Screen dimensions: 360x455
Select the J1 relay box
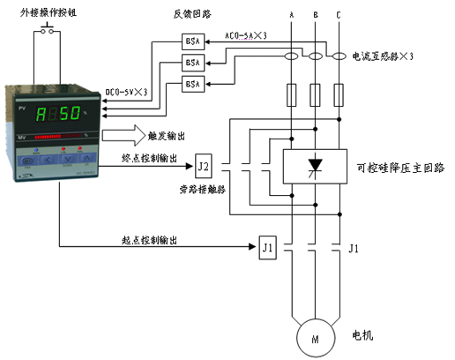[269, 247]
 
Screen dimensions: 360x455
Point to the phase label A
[291, 15]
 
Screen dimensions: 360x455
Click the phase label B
[316, 15]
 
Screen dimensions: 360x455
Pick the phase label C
[339, 15]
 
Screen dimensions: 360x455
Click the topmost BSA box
[192, 41]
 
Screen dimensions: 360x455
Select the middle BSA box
[192, 63]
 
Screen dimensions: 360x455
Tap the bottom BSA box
[192, 84]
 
